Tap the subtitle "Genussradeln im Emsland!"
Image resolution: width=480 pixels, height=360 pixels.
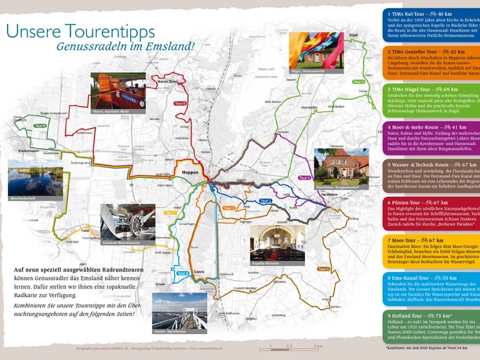pyautogui.click(x=125, y=47)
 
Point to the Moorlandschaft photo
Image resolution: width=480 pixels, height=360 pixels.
pyautogui.click(x=31, y=179)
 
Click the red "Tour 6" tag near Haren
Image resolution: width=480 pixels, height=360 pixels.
pyautogui.click(x=180, y=104)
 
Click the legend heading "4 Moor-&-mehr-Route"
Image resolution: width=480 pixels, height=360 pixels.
pyautogui.click(x=424, y=126)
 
